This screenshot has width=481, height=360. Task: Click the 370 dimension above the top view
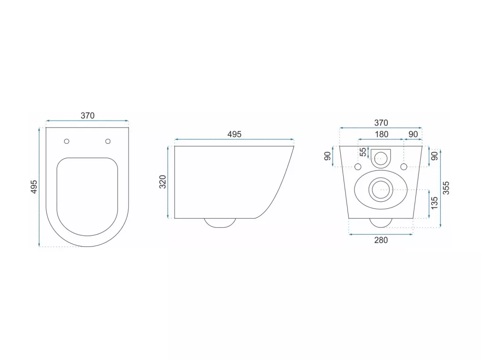click(87, 115)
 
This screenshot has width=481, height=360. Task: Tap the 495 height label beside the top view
click(34, 187)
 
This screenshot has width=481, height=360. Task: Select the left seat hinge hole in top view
click(66, 141)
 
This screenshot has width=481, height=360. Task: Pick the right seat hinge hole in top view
click(108, 141)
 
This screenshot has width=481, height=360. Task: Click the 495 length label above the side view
click(234, 134)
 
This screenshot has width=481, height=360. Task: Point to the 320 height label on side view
click(163, 182)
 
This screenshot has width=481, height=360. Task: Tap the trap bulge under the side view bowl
click(220, 223)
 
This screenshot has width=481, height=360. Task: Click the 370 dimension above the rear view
click(381, 123)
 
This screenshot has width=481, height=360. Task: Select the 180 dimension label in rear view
click(381, 134)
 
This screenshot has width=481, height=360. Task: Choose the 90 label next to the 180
click(413, 134)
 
